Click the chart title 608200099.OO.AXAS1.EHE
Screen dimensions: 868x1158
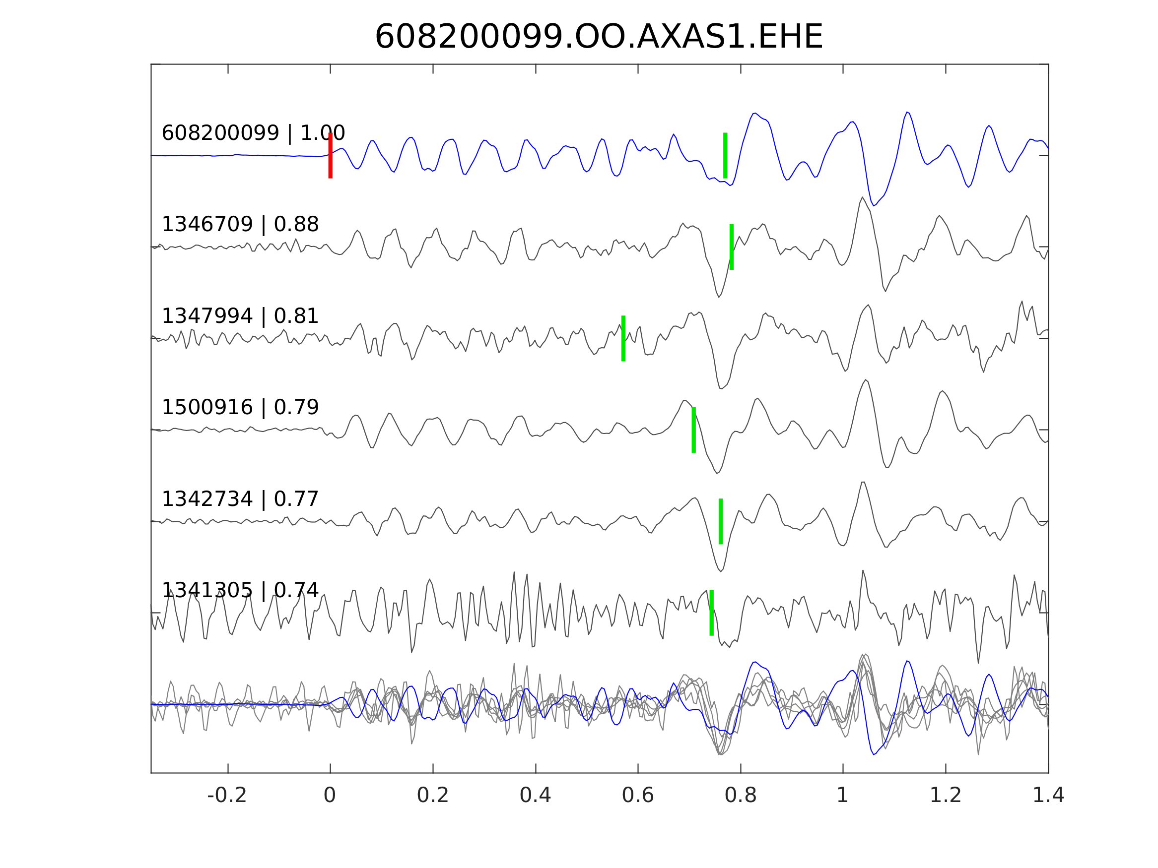tap(599, 38)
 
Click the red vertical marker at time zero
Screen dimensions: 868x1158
tap(331, 155)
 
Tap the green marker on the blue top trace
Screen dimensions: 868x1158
tap(725, 155)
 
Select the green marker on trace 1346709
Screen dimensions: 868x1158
tap(731, 247)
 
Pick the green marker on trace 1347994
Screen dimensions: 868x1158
tap(623, 338)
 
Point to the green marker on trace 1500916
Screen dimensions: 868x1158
tap(693, 430)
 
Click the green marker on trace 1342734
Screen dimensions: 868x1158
tap(721, 522)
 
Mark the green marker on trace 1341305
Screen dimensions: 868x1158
tap(711, 613)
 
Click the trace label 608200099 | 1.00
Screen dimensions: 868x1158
tap(253, 133)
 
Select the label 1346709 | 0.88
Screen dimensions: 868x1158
tap(240, 225)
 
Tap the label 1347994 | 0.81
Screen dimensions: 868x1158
tap(240, 316)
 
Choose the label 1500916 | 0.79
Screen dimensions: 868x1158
tap(240, 408)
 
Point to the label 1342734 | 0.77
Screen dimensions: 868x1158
tap(240, 499)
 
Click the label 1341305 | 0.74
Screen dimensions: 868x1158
tap(240, 591)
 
